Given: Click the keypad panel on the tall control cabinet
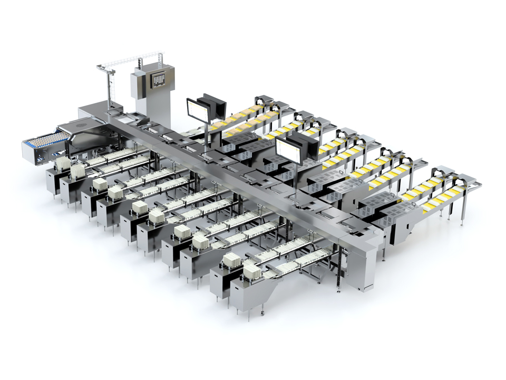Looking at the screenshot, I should coord(159,79).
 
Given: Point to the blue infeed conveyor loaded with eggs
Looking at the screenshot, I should coord(45,141).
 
